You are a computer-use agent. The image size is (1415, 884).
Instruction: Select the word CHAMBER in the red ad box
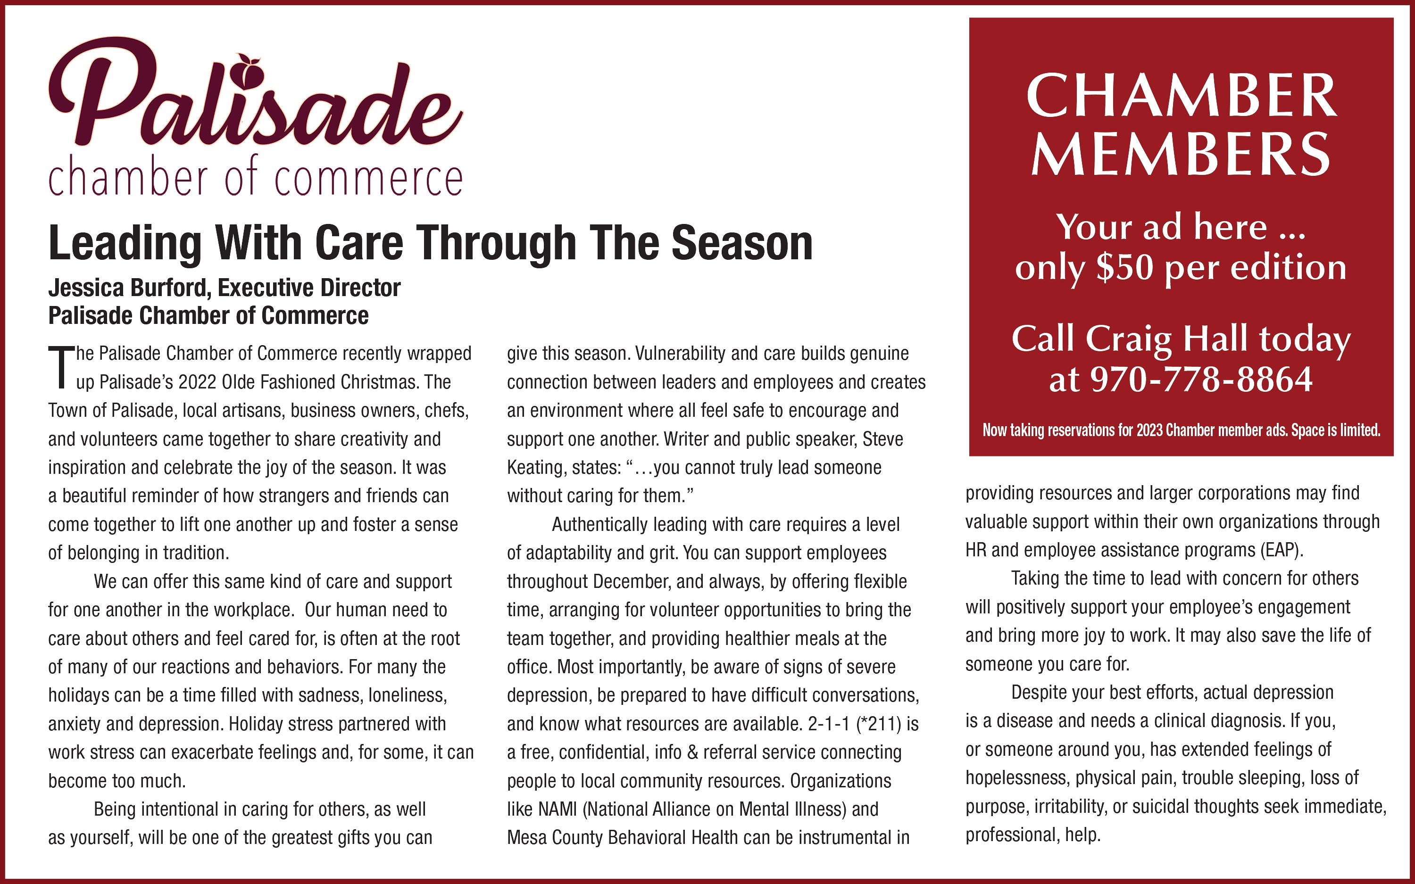click(1181, 97)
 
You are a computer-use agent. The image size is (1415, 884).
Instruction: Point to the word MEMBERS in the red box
click(1181, 153)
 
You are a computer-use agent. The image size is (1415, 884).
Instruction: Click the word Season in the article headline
click(742, 244)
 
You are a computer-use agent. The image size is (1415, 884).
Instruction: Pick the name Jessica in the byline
click(85, 288)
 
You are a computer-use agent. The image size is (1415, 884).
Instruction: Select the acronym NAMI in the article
click(557, 809)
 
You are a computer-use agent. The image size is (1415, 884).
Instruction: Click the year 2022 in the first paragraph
click(198, 382)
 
